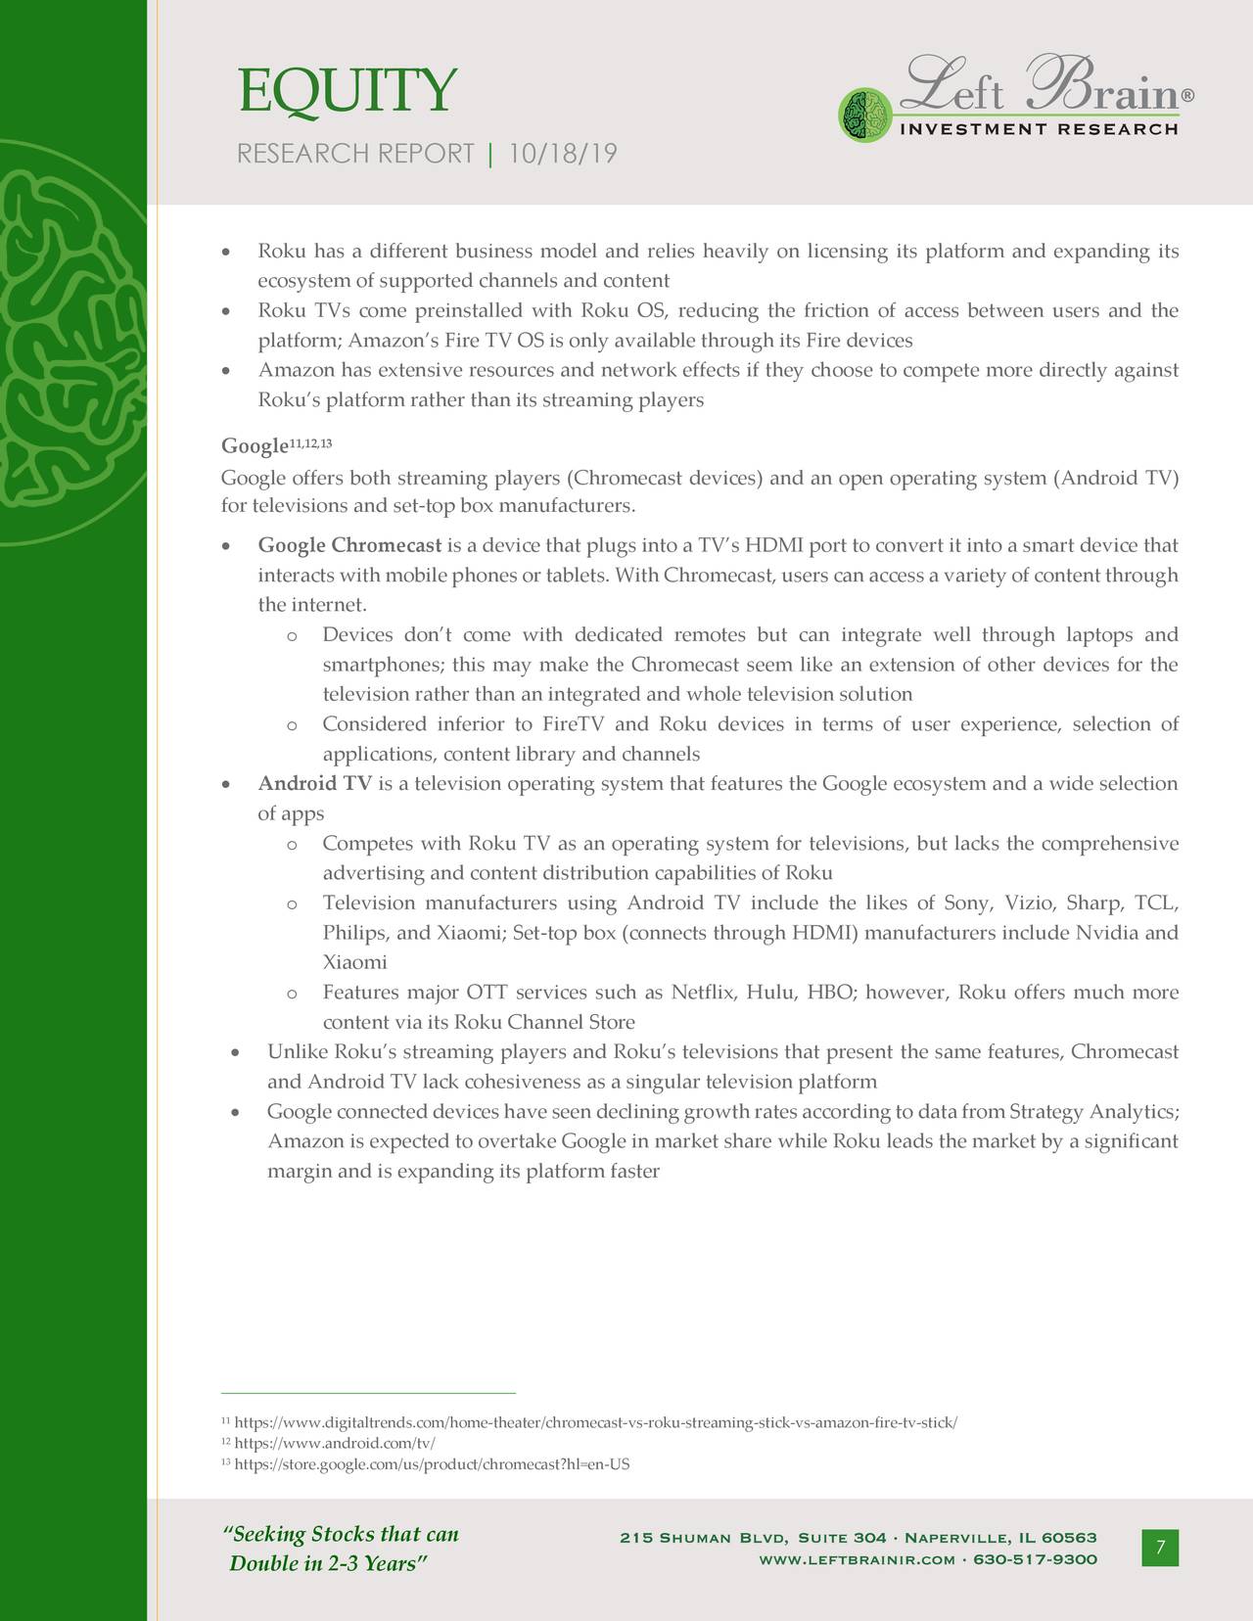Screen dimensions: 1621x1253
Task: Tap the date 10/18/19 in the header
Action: coord(563,154)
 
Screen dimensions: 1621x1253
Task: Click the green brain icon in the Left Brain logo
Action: coord(864,113)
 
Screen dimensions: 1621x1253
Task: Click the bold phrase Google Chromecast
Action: coord(349,545)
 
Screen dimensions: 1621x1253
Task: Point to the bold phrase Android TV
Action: coord(314,784)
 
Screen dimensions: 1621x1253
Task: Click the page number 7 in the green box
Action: coord(1160,1548)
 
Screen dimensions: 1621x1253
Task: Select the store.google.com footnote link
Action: coord(432,1464)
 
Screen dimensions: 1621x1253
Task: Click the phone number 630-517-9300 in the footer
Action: coord(1035,1559)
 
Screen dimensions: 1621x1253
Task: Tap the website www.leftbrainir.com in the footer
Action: coord(857,1559)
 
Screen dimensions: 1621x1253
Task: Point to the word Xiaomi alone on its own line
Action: coord(354,963)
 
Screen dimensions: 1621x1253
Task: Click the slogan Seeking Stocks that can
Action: coord(342,1535)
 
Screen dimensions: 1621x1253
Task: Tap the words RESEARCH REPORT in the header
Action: coord(355,154)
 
